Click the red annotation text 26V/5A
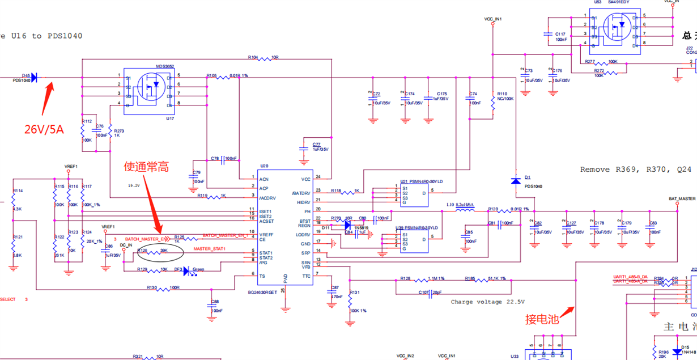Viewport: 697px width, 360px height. tap(44, 129)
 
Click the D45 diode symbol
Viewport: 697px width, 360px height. tap(35, 77)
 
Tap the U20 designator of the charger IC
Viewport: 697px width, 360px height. tap(263, 166)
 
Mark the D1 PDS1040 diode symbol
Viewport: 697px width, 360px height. tap(516, 181)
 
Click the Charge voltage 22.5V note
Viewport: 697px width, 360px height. tap(487, 302)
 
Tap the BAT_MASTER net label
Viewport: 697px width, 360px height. tap(682, 199)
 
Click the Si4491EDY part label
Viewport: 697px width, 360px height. tap(619, 3)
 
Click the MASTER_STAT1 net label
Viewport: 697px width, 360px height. tap(209, 249)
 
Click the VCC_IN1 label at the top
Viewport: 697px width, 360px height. tap(493, 19)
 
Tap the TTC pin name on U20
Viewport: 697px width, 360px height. tap(306, 276)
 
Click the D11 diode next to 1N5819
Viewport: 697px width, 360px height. tap(347, 225)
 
